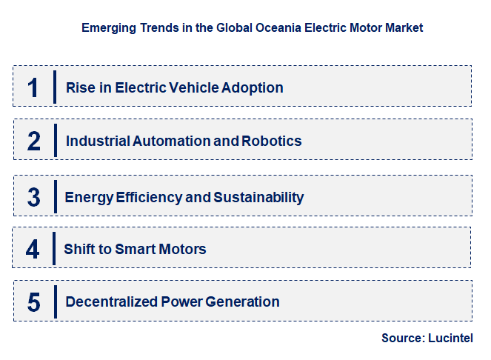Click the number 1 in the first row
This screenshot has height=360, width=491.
click(33, 87)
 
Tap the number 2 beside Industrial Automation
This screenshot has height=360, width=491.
click(33, 141)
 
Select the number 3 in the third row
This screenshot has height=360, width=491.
click(33, 197)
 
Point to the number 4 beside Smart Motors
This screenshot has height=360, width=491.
click(33, 249)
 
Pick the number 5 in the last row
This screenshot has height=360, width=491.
click(33, 302)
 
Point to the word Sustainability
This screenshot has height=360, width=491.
click(258, 197)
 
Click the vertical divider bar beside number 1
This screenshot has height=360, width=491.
click(55, 87)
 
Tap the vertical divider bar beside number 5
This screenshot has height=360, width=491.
click(55, 302)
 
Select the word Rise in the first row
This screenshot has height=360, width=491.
click(79, 87)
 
